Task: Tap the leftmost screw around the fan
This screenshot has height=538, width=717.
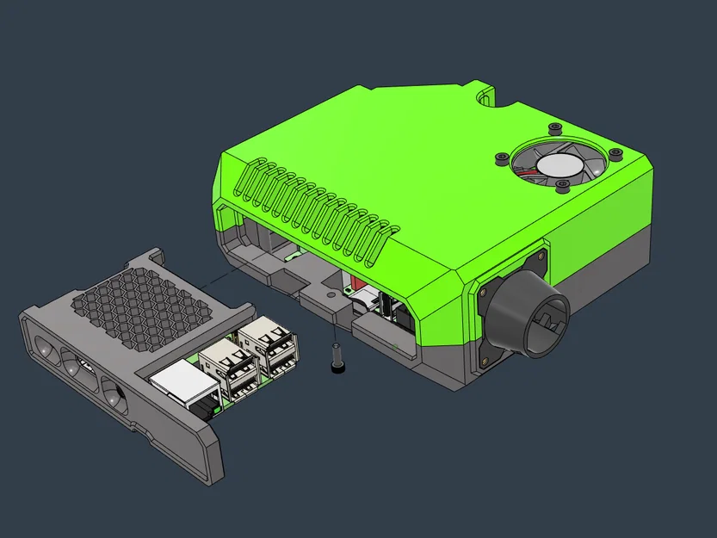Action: pyautogui.click(x=500, y=158)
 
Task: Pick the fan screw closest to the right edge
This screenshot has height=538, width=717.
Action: pyautogui.click(x=615, y=154)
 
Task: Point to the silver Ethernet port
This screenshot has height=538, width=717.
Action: pyautogui.click(x=181, y=381)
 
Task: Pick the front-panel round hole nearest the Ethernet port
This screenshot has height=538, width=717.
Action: pyautogui.click(x=114, y=397)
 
